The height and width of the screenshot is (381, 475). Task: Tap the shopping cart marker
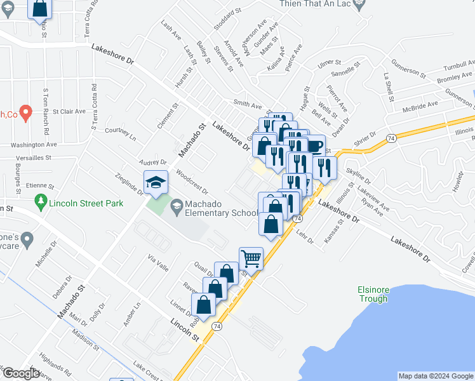point(251,258)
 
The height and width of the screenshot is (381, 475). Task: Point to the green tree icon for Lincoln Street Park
point(41,203)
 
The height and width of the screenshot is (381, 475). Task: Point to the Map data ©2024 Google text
point(435,376)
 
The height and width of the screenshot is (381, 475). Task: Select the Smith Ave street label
point(248,104)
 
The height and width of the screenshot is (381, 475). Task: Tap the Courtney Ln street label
point(121,134)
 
